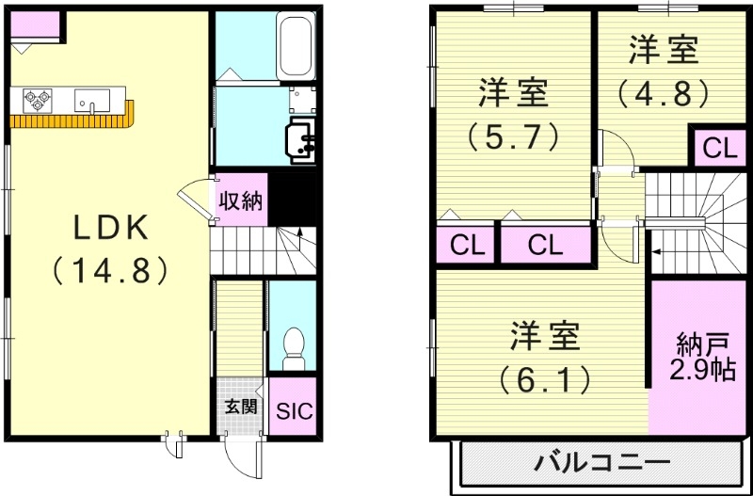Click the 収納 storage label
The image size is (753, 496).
pyautogui.click(x=241, y=200)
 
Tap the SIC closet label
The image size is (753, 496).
pyautogui.click(x=294, y=411)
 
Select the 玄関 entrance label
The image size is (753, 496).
pyautogui.click(x=241, y=407)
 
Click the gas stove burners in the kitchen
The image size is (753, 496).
pyautogui.click(x=37, y=99)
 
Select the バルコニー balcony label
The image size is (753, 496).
pyautogui.click(x=603, y=463)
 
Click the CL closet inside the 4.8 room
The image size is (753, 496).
pyautogui.click(x=719, y=147)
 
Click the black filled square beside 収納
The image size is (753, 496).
pyautogui.click(x=293, y=200)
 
